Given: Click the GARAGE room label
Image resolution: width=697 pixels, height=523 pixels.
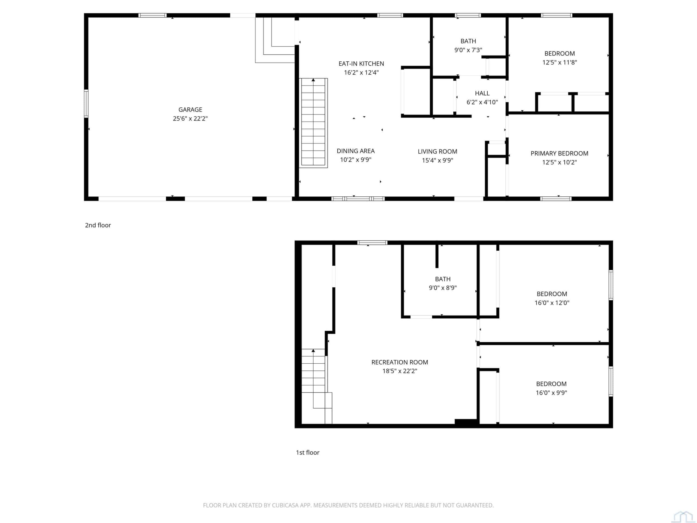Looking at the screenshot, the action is [190, 110].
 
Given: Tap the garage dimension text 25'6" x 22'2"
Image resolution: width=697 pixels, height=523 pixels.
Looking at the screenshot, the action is [190, 118].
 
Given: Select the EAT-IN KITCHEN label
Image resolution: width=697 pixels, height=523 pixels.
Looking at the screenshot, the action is [361, 64].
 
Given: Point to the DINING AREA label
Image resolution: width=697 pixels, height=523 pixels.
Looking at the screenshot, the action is [356, 151].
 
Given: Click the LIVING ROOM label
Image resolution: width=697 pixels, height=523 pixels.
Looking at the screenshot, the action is [437, 152].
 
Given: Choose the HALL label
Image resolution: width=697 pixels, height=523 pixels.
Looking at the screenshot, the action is [482, 93].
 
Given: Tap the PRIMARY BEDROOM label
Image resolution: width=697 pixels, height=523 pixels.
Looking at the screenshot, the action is [559, 154].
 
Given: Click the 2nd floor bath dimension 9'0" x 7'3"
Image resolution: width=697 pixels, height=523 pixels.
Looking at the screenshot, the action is [468, 50].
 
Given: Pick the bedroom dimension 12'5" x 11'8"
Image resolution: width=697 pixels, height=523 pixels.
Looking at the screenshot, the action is [560, 62].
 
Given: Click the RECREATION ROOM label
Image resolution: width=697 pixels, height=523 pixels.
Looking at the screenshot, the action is [399, 362].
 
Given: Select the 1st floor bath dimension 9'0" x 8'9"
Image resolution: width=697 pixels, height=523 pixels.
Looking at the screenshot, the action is [443, 288].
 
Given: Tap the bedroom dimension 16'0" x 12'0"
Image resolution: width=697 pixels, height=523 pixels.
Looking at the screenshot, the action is [552, 303].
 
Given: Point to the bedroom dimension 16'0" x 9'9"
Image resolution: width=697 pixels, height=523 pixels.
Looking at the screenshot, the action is [551, 393].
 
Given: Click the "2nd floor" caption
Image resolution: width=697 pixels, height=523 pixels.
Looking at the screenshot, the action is [98, 225].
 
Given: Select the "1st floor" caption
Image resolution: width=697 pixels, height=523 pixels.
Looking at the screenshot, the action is [308, 452].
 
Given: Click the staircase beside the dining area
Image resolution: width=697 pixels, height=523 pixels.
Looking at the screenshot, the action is [313, 123].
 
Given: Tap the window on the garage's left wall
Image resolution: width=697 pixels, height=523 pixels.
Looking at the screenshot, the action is [86, 104].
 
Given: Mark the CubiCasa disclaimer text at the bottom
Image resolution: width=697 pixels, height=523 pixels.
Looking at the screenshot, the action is [348, 505].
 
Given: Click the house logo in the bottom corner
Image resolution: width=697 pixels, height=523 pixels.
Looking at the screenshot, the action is [683, 517].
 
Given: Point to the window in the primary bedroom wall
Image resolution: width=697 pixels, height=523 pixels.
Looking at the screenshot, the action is [556, 199].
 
